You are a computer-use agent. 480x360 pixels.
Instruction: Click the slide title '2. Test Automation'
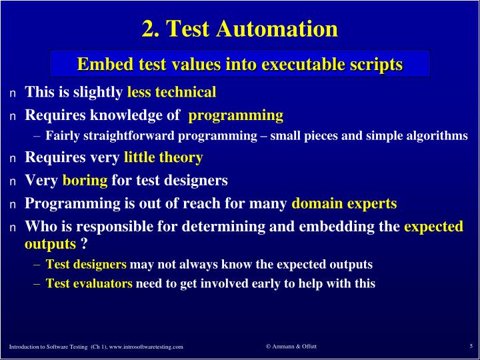(x=239, y=29)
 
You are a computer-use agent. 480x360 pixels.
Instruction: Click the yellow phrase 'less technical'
(x=171, y=92)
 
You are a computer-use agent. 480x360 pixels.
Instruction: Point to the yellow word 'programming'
(x=236, y=115)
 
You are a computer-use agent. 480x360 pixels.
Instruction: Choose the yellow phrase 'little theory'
(x=163, y=158)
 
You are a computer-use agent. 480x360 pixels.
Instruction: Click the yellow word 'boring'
(x=85, y=180)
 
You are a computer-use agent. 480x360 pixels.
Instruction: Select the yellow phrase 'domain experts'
(x=344, y=203)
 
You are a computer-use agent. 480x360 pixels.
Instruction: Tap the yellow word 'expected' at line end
(x=433, y=227)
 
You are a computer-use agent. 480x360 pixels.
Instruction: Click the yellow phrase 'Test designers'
(x=86, y=265)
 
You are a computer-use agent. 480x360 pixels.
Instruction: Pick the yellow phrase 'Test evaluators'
(x=89, y=283)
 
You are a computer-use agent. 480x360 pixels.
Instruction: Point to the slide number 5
(x=471, y=346)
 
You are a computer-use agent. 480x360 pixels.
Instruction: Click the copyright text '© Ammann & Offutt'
(x=291, y=346)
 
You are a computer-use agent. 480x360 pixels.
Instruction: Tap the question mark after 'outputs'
(x=85, y=244)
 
